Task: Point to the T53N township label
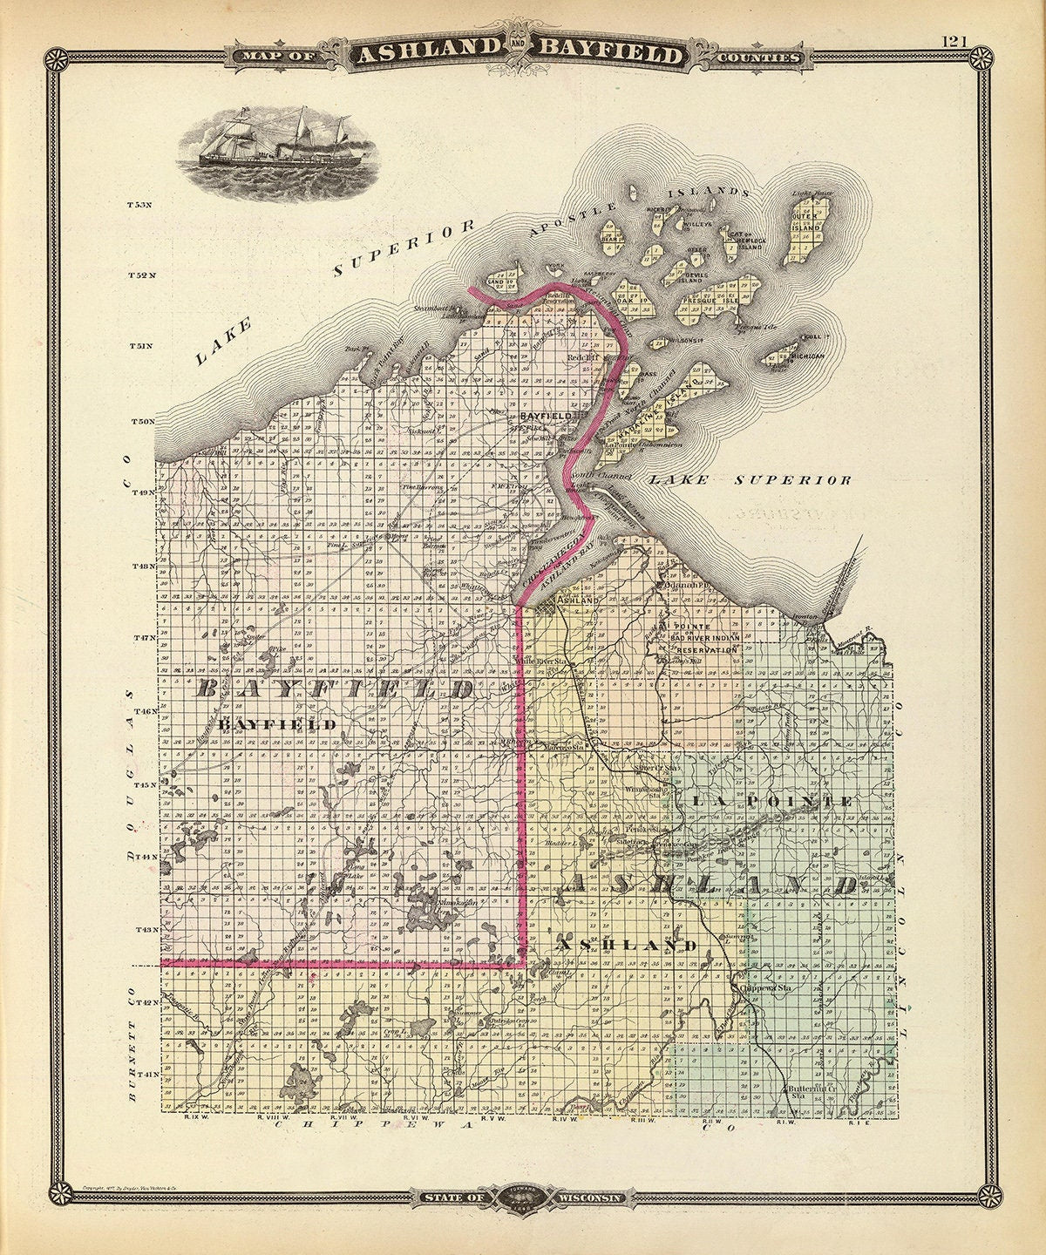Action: (139, 206)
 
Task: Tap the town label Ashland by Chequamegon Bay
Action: (579, 601)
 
